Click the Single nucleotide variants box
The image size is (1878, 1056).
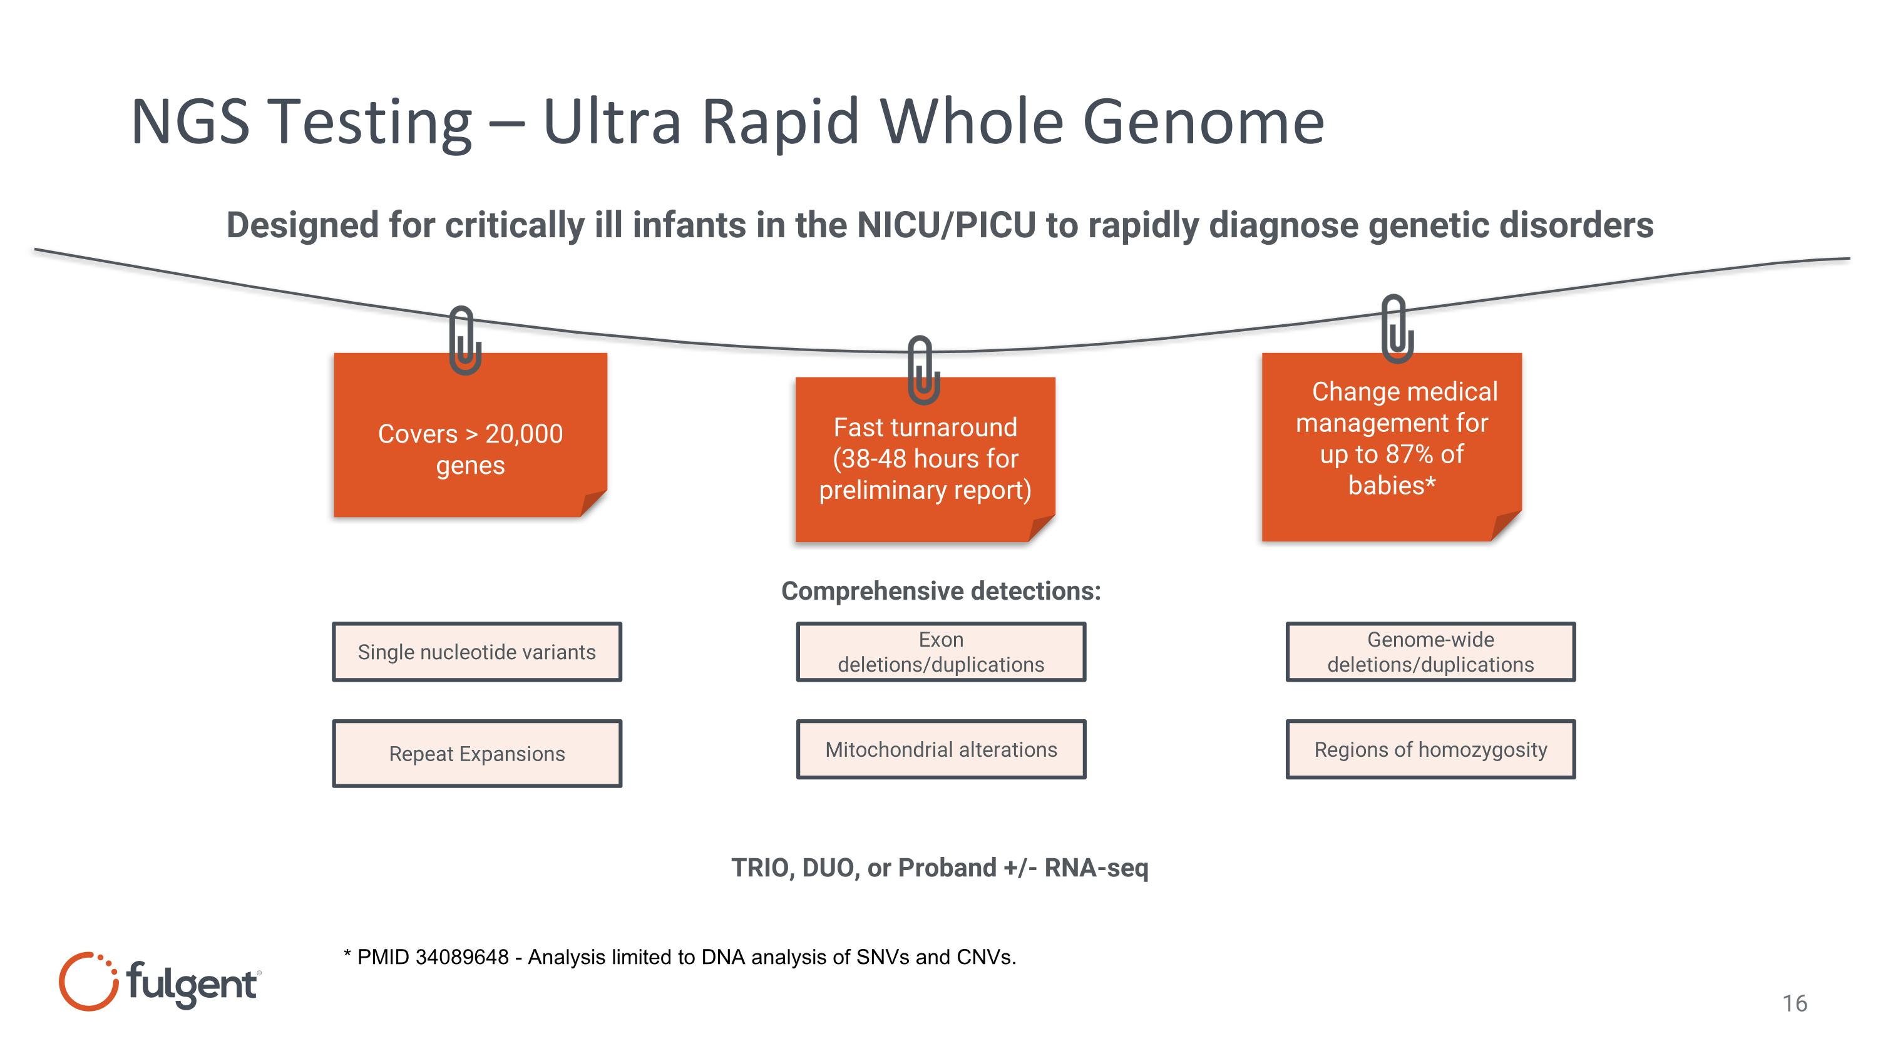tap(477, 652)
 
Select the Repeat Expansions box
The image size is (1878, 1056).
tap(477, 753)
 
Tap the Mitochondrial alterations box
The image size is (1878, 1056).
tap(940, 749)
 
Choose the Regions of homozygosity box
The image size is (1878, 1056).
tap(1430, 749)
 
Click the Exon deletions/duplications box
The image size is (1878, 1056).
tap(940, 652)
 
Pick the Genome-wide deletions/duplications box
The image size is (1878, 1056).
tap(1430, 652)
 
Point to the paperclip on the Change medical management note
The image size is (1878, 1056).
tap(1396, 328)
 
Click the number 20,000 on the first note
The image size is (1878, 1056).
tap(523, 434)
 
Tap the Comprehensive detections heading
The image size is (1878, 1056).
tap(940, 590)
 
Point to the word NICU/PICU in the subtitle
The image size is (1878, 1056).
tap(945, 225)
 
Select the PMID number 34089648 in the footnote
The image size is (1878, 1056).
tap(461, 957)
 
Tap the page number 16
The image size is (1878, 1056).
tap(1794, 1003)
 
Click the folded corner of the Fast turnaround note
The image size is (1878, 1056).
tap(1040, 528)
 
